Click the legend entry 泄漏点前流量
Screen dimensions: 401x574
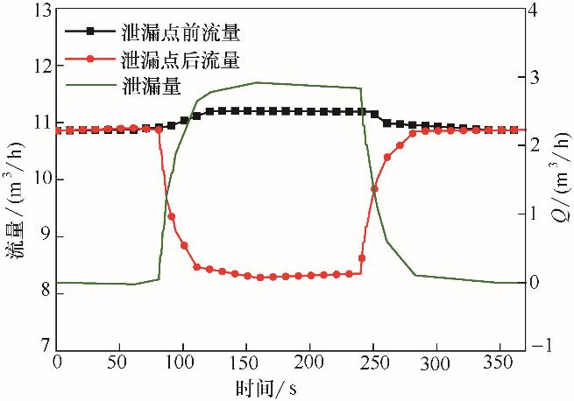tap(179, 34)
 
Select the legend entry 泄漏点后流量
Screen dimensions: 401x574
tap(179, 60)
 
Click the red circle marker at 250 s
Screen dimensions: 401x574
tap(374, 189)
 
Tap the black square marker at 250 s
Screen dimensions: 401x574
tap(374, 114)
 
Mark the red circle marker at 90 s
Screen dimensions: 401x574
tap(172, 216)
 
